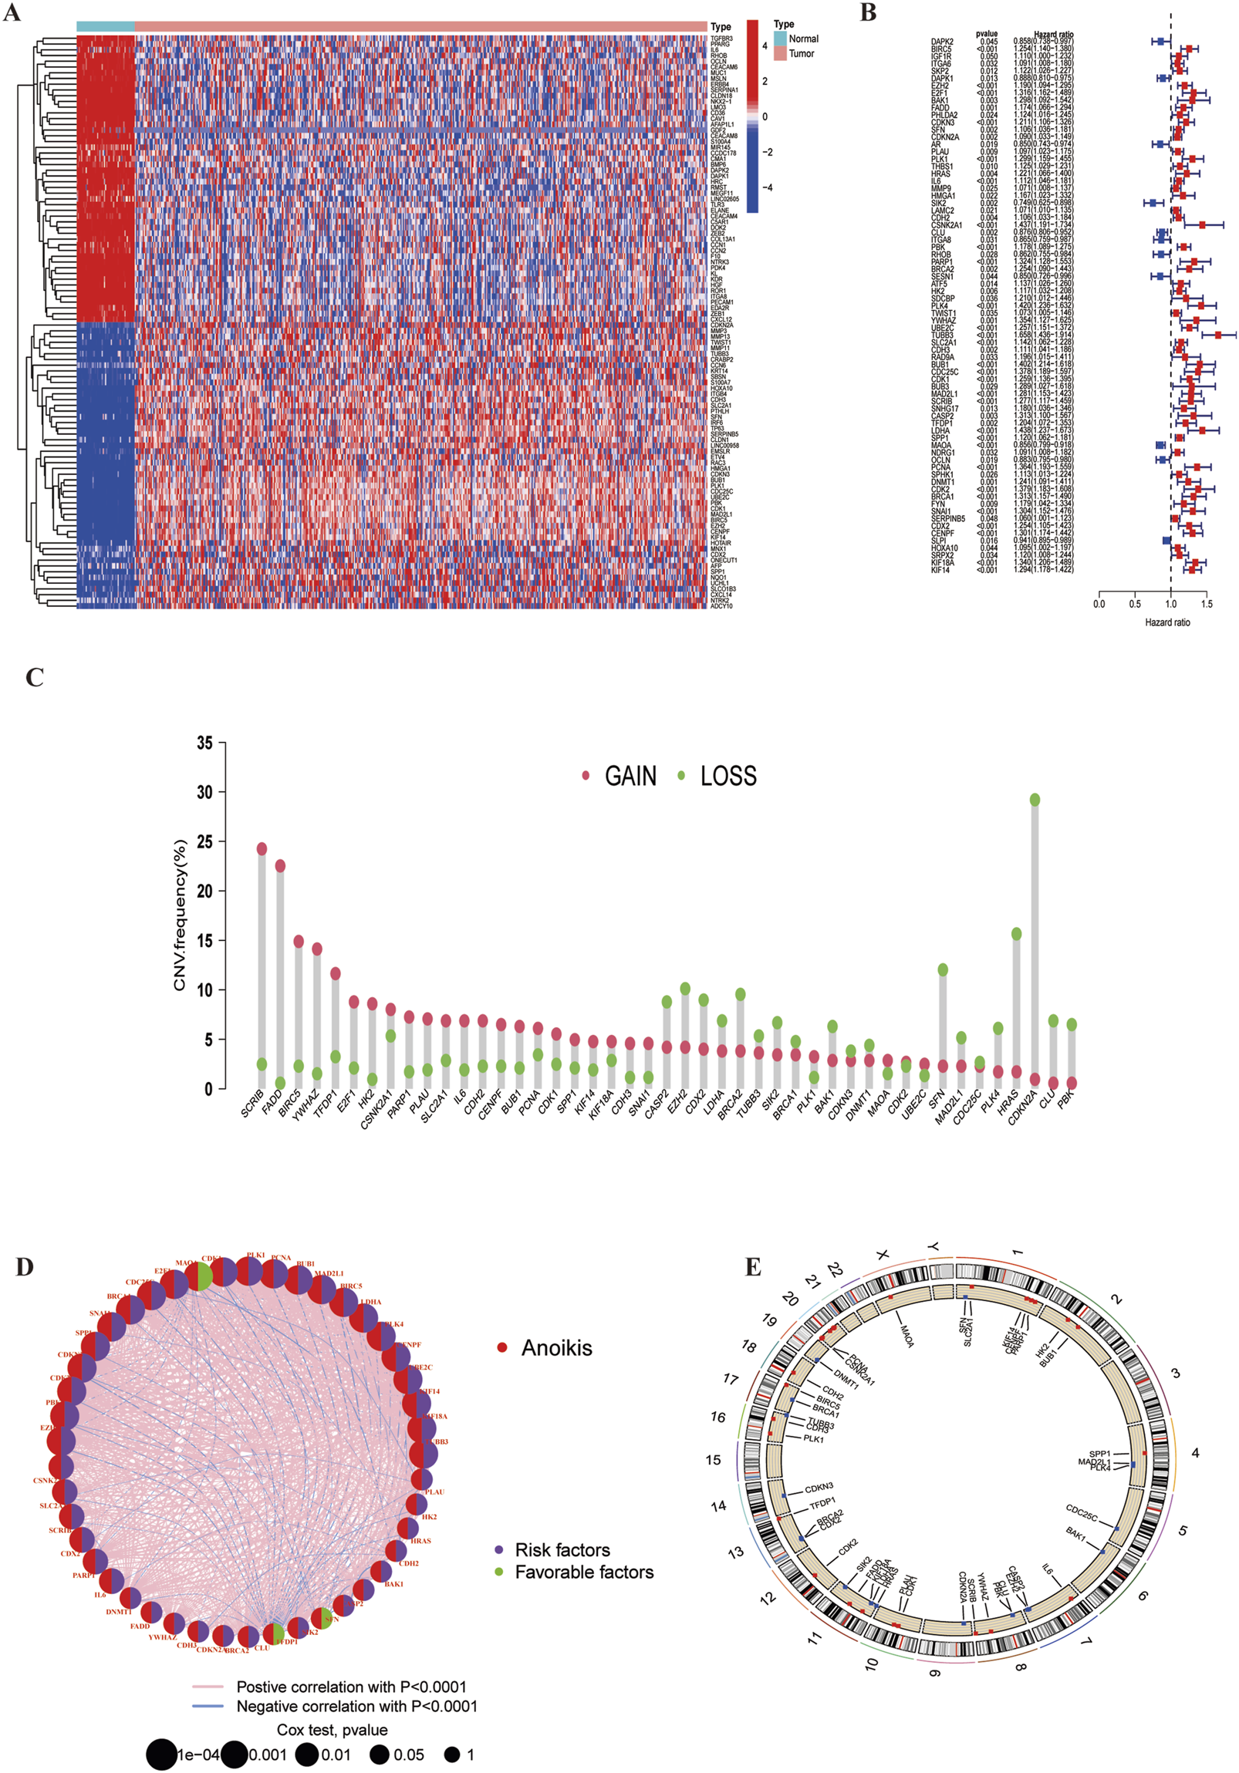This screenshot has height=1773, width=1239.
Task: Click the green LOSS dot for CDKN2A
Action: [x=1035, y=799]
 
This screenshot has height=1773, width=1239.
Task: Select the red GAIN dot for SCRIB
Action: [x=262, y=848]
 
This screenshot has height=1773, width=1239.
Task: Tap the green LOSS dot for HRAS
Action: [x=1017, y=934]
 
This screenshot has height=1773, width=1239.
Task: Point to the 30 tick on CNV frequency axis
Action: [x=204, y=792]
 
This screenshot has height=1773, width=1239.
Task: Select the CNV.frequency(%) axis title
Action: [x=180, y=915]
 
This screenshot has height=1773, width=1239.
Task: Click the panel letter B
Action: [x=868, y=13]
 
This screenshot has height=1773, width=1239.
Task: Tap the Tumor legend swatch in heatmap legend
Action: [x=780, y=53]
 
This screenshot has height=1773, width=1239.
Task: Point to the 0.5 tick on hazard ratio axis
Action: [x=1135, y=604]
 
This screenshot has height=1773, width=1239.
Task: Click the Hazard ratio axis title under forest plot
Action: [x=1167, y=622]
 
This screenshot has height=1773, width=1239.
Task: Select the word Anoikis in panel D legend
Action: [x=556, y=1283]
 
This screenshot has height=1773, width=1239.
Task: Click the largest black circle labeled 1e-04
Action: [x=160, y=1754]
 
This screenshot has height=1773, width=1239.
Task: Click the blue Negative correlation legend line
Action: [x=208, y=1706]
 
